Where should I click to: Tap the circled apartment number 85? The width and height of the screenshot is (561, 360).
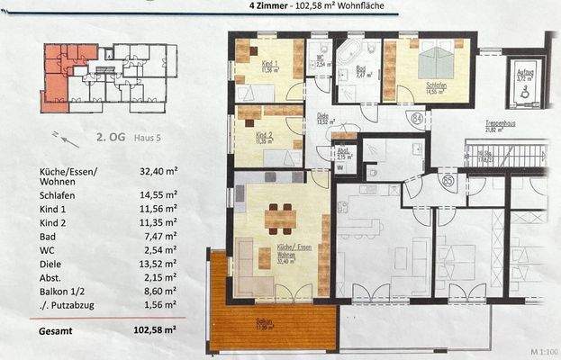pyautogui.click(x=448, y=181)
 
